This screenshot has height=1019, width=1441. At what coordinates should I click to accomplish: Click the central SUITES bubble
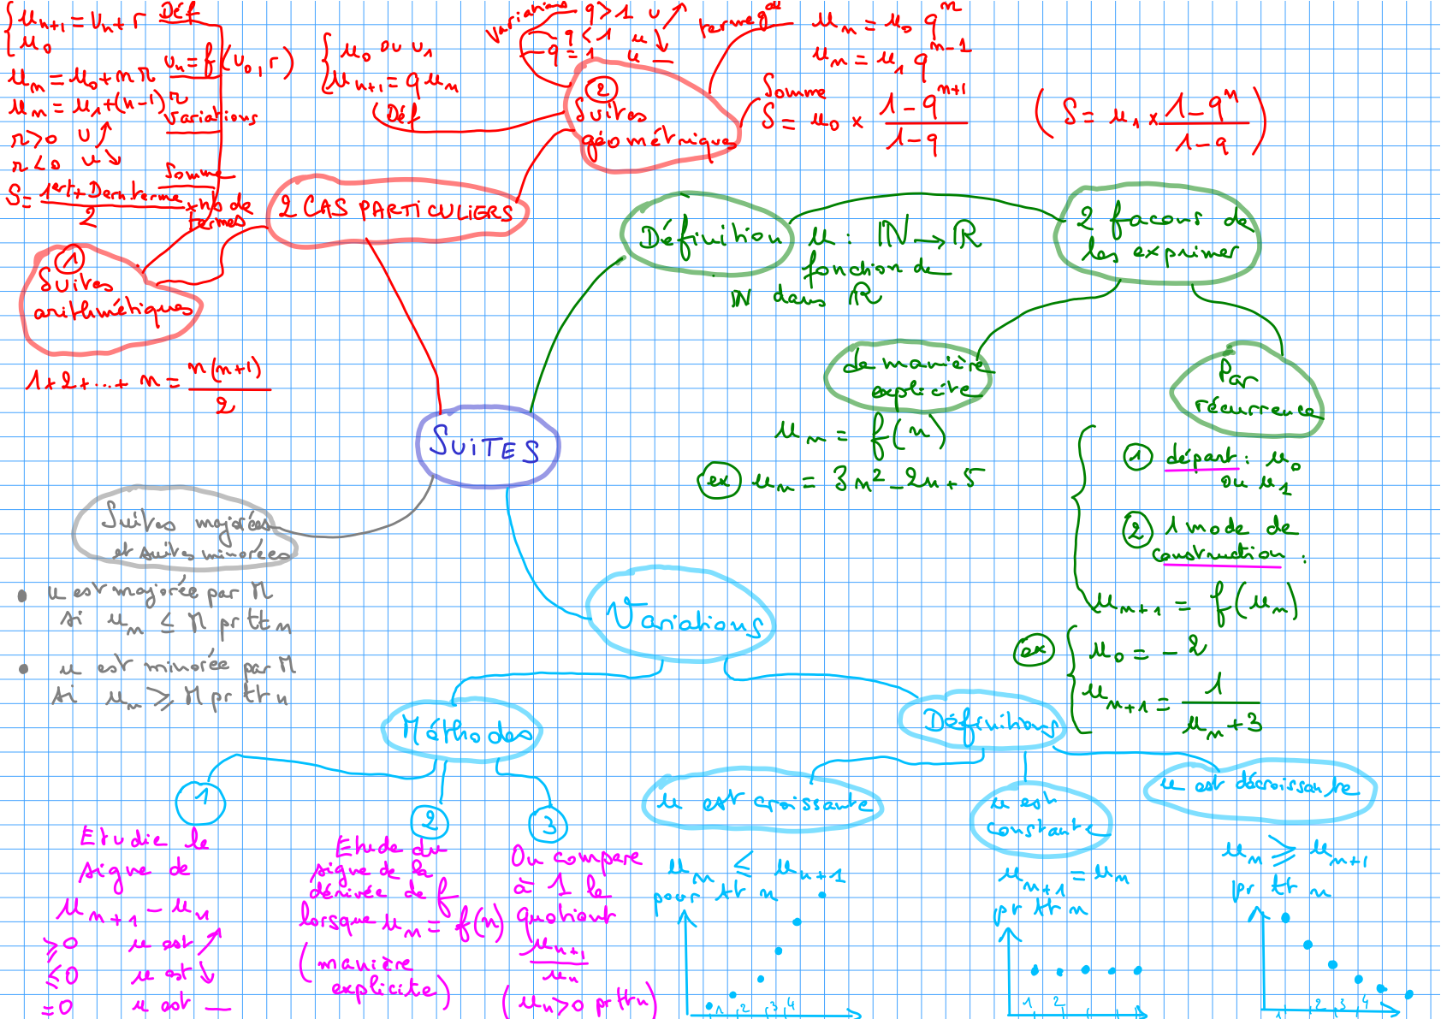[487, 446]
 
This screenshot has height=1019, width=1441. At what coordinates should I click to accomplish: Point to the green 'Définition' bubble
[708, 234]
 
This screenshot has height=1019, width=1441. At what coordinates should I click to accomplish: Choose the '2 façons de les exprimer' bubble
[1160, 234]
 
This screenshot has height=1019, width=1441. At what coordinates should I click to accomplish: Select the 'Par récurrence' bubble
[1246, 389]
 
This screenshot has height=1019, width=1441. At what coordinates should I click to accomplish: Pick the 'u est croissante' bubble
[762, 803]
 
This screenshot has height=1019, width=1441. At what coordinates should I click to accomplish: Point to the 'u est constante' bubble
[1039, 819]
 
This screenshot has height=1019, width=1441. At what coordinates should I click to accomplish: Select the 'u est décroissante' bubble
[1259, 786]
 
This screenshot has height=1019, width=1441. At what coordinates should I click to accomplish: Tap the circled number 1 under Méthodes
[200, 800]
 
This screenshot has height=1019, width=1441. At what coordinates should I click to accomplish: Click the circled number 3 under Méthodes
[549, 825]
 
